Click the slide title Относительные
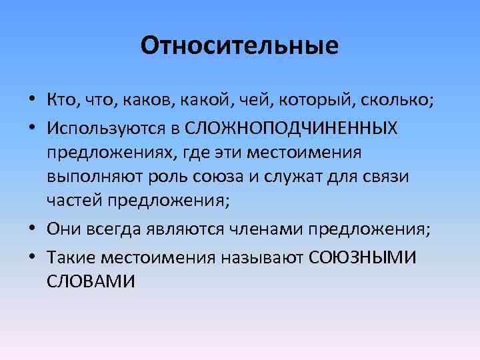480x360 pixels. (x=240, y=46)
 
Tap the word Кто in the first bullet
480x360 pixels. (x=62, y=101)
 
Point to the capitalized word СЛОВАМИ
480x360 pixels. (x=91, y=281)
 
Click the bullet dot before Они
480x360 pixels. (x=33, y=230)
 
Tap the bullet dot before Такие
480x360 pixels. (x=33, y=255)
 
